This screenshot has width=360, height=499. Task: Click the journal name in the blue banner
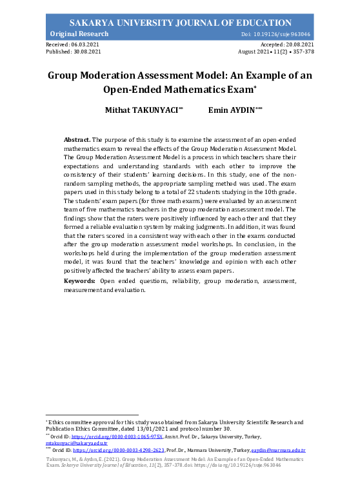point(180,23)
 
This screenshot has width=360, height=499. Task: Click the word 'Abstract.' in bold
point(77,139)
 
